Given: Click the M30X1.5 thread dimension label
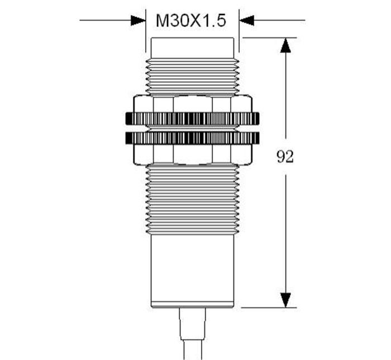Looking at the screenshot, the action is point(191,21).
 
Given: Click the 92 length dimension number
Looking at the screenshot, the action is point(285,157).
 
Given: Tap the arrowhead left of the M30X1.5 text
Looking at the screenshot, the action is point(138,20).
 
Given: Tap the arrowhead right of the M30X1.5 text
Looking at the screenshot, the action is point(247,20).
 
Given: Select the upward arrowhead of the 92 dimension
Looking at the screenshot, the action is point(285,45).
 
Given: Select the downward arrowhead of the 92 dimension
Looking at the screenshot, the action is point(285,300).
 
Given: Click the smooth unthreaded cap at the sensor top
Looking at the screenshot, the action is point(193,48).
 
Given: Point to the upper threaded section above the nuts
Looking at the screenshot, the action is point(193,76).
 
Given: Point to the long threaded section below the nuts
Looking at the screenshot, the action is point(193,199).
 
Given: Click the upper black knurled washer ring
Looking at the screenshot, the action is point(192,118).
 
